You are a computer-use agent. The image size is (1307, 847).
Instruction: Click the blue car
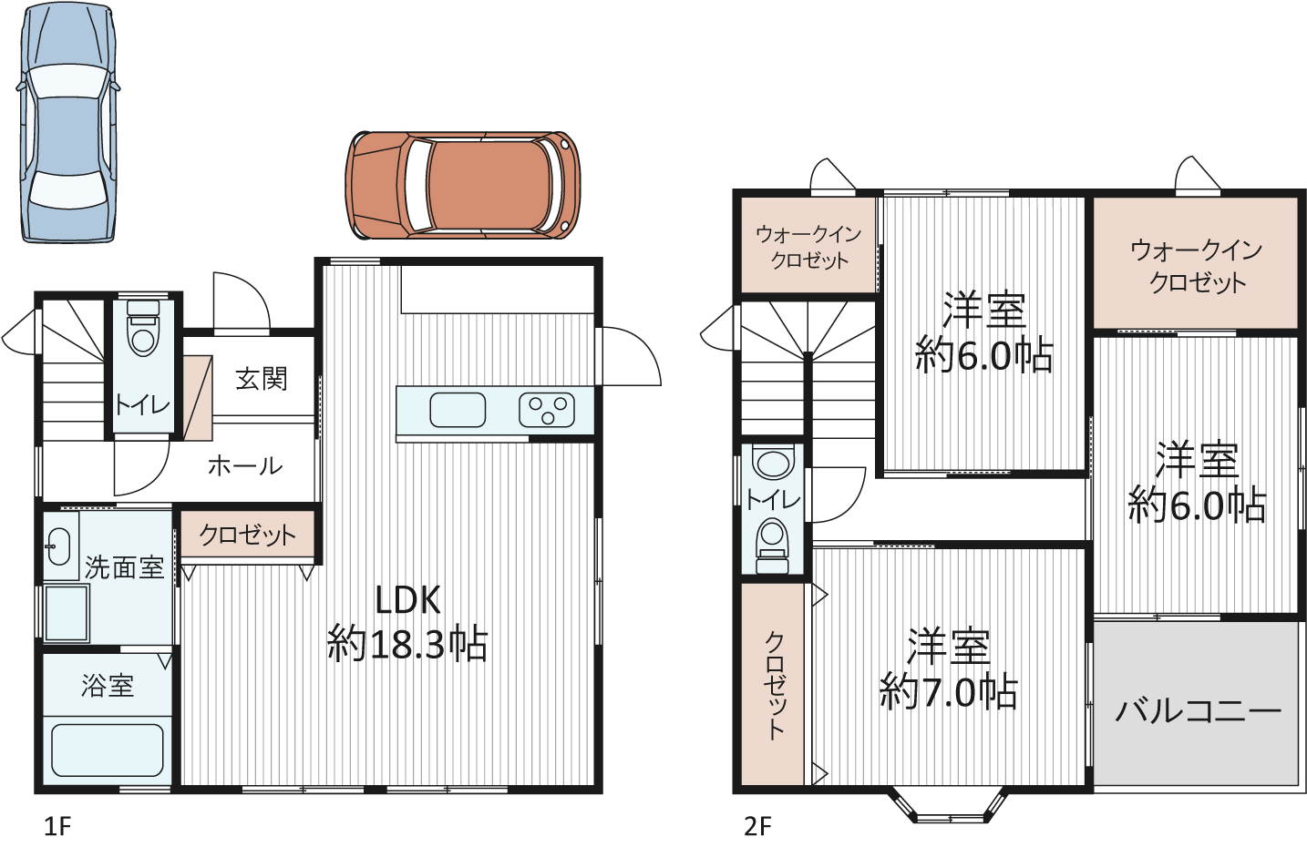point(68,123)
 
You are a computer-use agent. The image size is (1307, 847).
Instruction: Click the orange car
point(463,186)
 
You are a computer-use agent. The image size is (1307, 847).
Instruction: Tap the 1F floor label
point(57,827)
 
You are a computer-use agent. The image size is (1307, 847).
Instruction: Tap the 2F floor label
point(757,827)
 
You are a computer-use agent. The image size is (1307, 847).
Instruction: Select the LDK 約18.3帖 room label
point(407,623)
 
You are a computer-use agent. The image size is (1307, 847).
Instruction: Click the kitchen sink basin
point(458,410)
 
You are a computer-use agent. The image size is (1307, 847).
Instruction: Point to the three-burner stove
point(547,410)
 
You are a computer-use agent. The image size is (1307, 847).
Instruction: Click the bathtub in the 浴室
point(107,750)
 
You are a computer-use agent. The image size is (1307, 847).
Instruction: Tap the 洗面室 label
point(124,567)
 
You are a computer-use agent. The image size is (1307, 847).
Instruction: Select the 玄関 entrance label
point(262,379)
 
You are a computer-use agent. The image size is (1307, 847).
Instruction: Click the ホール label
point(245,466)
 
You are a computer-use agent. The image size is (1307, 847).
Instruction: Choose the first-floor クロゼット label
point(247,535)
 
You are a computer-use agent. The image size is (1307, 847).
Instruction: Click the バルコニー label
point(1198,709)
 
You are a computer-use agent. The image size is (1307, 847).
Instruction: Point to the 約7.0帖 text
point(949,692)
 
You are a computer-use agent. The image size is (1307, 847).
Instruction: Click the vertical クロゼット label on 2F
point(774,683)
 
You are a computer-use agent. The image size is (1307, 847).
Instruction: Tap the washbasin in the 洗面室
point(58,546)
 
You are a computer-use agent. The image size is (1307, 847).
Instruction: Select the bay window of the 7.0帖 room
point(950,810)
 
